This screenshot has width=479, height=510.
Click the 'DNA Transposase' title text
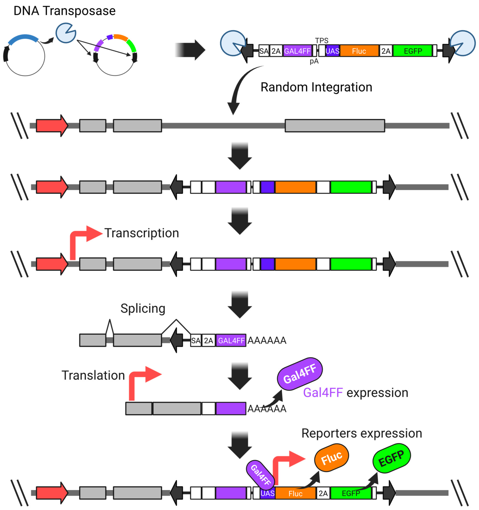64,11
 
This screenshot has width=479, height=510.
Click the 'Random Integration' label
316,87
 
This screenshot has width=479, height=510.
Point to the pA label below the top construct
314,61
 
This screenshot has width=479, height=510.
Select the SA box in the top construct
264,51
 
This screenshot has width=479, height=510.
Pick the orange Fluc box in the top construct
359,51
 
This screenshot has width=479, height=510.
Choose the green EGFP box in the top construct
412,51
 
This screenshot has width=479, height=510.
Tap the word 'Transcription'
141,233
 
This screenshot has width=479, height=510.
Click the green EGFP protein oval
391,458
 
